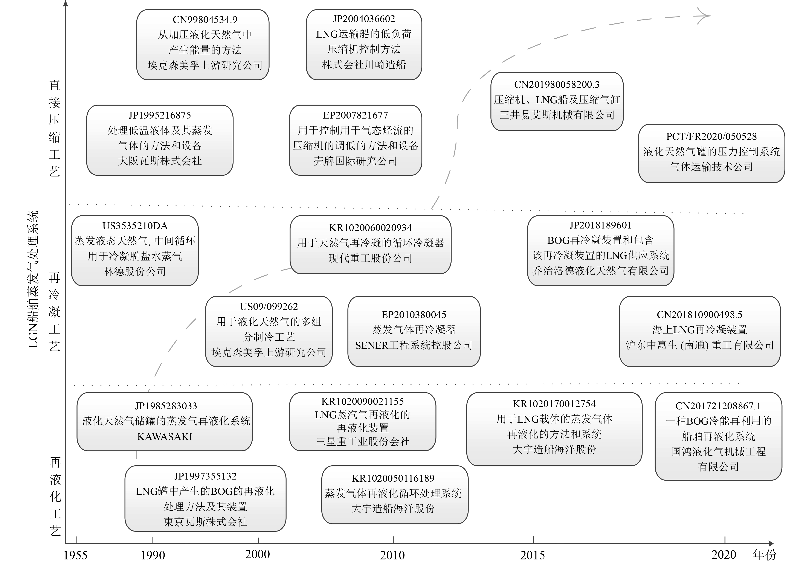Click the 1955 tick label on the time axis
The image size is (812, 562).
click(x=75, y=555)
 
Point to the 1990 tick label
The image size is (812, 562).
click(x=153, y=555)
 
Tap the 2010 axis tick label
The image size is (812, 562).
click(x=392, y=555)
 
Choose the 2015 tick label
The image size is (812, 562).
click(x=532, y=555)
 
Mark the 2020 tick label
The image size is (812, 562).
click(x=723, y=555)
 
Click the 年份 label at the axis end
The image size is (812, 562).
click(x=765, y=555)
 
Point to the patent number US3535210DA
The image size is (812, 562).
click(x=135, y=226)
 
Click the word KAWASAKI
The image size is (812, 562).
click(x=165, y=437)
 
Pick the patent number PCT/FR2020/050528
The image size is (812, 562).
click(x=711, y=136)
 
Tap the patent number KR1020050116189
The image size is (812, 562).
click(x=393, y=478)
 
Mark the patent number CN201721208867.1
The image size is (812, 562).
click(x=718, y=406)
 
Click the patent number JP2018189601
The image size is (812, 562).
click(x=600, y=225)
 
